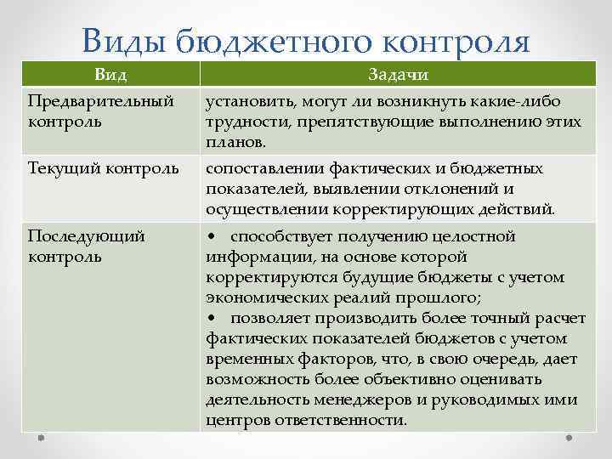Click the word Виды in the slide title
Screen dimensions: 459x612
pyautogui.click(x=125, y=39)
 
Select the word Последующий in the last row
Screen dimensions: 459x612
pyautogui.click(x=86, y=236)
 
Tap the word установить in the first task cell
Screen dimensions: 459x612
pyautogui.click(x=246, y=102)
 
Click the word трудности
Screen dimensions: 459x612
pyautogui.click(x=243, y=122)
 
